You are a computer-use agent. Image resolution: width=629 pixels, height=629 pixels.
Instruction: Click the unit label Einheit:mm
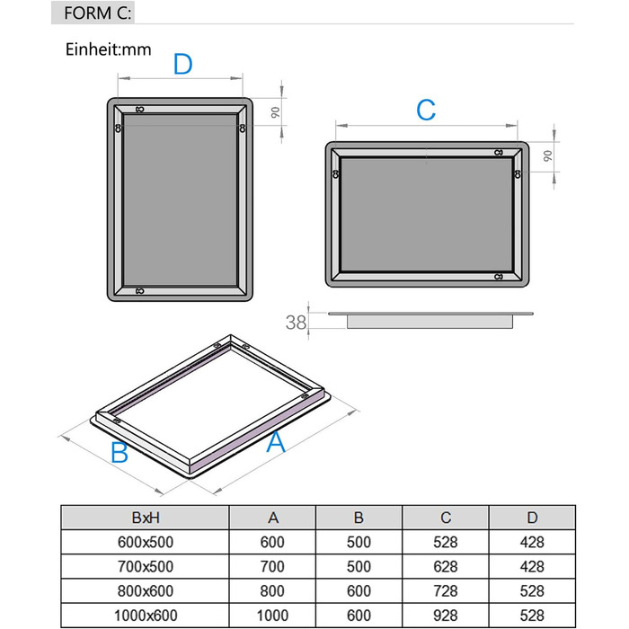point(108,49)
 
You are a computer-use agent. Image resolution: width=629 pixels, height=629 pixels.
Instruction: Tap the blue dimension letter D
point(182,65)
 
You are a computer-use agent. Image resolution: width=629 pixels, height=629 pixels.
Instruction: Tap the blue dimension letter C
point(426,111)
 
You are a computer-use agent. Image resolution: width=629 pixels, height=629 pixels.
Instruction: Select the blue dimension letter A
point(277,441)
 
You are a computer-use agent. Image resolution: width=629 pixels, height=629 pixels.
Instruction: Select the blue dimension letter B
point(119,453)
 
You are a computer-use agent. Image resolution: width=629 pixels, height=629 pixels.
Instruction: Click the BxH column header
point(145,518)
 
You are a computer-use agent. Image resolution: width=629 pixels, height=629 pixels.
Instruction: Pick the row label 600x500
point(145,542)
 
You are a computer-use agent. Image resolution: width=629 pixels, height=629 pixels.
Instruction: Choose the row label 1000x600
point(145,615)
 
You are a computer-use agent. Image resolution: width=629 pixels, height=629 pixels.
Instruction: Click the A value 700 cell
point(272,566)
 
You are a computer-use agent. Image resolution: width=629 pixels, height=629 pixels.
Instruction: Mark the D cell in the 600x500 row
point(531,542)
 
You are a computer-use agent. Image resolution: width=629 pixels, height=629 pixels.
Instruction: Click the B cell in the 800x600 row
point(359,590)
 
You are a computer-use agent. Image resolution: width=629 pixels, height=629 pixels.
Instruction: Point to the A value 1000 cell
point(272,615)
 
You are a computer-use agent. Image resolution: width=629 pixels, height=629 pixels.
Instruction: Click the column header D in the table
point(531,518)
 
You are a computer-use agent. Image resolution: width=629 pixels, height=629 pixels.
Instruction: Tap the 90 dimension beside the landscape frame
point(546,155)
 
